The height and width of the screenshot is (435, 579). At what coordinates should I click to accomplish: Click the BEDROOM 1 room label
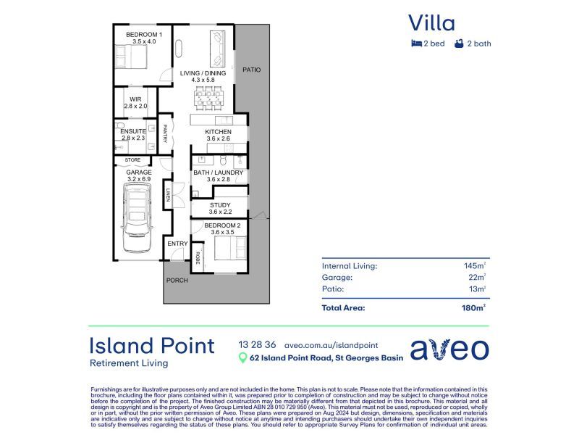[x=144, y=35]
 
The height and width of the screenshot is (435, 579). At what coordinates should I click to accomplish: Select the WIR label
[x=135, y=99]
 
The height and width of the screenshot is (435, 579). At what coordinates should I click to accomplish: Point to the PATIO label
[x=251, y=70]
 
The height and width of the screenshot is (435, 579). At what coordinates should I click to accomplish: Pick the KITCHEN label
[x=218, y=132]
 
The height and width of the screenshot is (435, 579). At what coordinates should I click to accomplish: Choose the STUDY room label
[x=219, y=205]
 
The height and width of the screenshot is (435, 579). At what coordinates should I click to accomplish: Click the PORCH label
[x=177, y=281]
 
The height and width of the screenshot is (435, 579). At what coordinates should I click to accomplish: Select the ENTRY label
[x=177, y=244]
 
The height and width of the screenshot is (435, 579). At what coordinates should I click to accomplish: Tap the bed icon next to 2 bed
[x=415, y=43]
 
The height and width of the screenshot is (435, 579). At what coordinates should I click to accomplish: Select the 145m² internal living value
[x=474, y=266]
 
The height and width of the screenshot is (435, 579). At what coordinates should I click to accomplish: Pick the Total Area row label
[x=343, y=307]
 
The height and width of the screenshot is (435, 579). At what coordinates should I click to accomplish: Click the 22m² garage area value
[x=476, y=277]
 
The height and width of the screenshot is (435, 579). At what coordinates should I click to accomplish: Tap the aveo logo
[x=449, y=348]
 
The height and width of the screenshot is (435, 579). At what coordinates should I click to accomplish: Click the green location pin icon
[x=242, y=357]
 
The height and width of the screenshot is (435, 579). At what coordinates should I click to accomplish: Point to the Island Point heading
[x=151, y=345]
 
